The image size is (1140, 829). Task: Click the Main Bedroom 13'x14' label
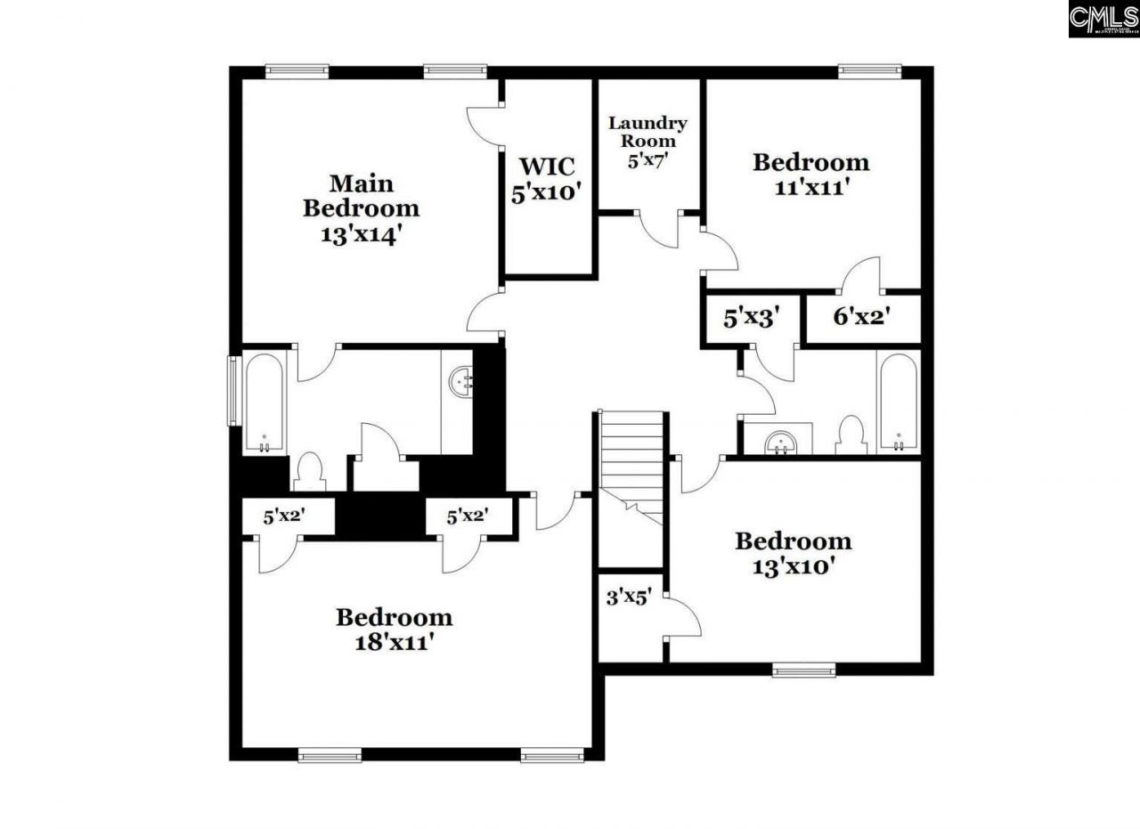tap(361, 208)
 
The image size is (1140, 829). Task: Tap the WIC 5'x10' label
tap(547, 179)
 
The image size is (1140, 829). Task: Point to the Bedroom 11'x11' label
tap(810, 174)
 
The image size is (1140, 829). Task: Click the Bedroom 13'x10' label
tap(793, 553)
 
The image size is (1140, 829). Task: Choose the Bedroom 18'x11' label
tap(394, 629)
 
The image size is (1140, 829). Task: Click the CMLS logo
tap(1103, 19)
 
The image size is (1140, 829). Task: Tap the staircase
tap(631, 467)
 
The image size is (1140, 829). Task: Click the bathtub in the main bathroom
tap(265, 403)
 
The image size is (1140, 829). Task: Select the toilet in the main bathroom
tap(309, 472)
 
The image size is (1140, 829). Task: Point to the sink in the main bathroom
tap(461, 384)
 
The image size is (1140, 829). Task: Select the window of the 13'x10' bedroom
tap(803, 670)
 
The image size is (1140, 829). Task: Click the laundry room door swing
tap(659, 229)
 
